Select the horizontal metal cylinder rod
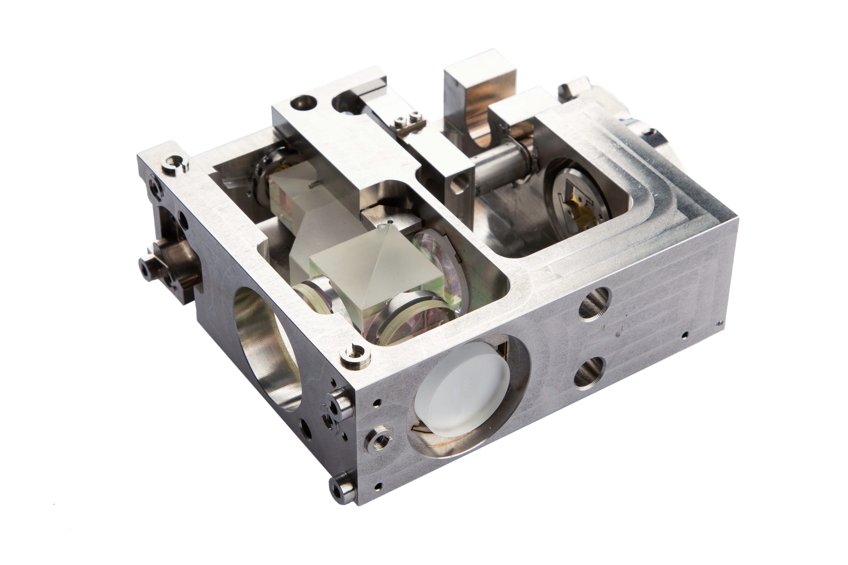(x=501, y=169)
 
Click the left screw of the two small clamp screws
(x=399, y=121)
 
